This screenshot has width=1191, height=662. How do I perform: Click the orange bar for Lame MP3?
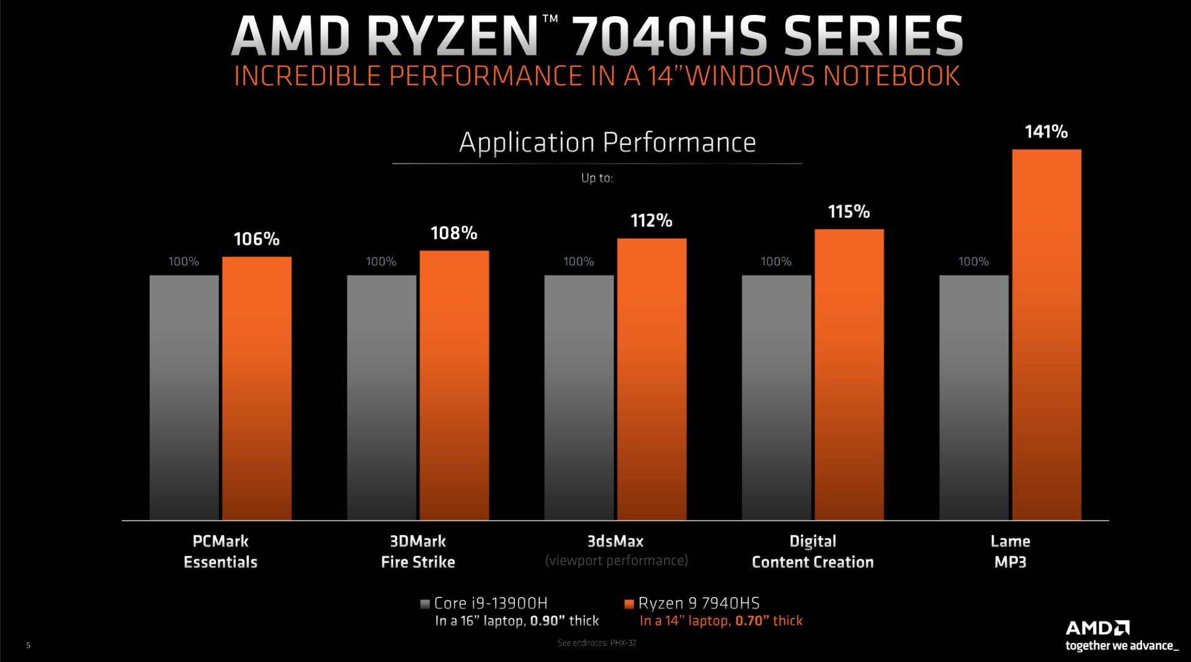(1046, 335)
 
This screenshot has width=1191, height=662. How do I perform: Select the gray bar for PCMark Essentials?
(184, 397)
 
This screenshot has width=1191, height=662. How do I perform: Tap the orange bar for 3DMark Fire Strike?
(454, 384)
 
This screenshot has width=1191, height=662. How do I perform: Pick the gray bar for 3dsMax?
(579, 397)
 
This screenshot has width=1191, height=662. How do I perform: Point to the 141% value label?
(1046, 131)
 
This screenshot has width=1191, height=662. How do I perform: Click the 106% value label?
(256, 239)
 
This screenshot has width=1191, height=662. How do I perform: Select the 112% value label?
(651, 220)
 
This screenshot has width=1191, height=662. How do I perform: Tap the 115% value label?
(849, 211)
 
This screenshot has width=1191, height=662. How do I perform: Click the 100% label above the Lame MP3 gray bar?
(973, 262)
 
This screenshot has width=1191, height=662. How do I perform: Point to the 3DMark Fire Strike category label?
(417, 551)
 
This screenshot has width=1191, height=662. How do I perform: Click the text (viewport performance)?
(616, 560)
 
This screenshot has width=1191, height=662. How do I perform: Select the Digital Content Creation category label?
(813, 551)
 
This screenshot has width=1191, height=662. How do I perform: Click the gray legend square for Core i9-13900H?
(425, 604)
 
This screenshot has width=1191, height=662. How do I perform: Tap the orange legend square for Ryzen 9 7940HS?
(629, 604)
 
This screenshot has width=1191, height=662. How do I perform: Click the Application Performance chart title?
(607, 143)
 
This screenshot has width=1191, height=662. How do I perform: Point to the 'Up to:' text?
(597, 178)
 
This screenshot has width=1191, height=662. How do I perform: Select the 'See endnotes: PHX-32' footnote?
(597, 643)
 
